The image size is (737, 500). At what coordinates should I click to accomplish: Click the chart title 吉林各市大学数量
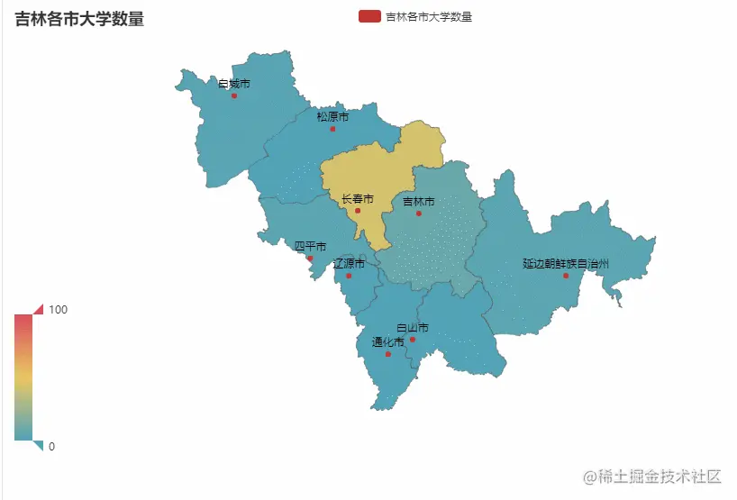pos(79,18)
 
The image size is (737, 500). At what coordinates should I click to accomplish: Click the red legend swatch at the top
pos(368,16)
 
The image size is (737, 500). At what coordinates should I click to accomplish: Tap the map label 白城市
pos(234,84)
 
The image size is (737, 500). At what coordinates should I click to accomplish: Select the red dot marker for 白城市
pos(234,95)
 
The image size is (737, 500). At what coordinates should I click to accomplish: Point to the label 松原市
pos(332,117)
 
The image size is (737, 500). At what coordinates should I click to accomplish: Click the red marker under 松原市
pos(332,129)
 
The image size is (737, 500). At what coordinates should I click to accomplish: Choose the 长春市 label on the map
pos(358,199)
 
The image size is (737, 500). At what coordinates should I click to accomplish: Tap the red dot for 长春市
pos(358,211)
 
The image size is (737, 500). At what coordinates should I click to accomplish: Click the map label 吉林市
pos(419,201)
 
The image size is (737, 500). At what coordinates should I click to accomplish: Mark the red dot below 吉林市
pos(419,214)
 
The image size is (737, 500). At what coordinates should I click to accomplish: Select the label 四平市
pos(311,246)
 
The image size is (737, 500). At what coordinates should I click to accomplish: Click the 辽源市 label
pos(350,264)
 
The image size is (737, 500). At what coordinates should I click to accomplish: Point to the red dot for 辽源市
pos(350,276)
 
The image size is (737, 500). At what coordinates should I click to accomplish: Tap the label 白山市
pos(413,328)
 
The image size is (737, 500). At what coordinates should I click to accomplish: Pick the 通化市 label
pos(388,342)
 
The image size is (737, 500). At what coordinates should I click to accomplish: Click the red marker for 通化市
pos(388,354)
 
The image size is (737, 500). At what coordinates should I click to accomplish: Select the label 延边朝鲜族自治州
pos(566,264)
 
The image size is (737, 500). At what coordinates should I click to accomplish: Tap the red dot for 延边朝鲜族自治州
pos(566,276)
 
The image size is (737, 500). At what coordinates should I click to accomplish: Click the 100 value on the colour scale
pos(59,310)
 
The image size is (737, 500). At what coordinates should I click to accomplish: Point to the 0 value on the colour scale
pos(51,446)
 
